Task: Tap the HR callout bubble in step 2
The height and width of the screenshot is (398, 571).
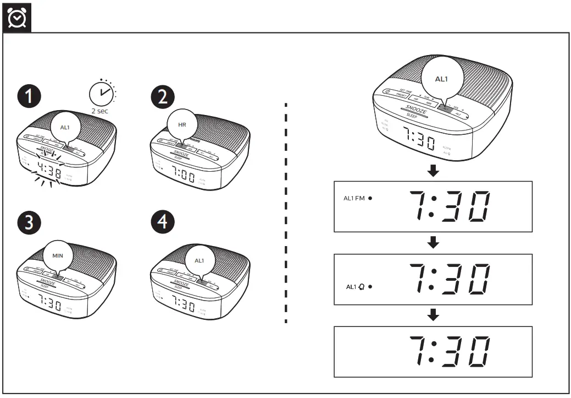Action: click(x=182, y=125)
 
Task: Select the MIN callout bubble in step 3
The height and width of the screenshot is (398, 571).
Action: click(x=58, y=256)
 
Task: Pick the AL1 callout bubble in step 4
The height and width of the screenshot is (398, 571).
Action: click(x=198, y=259)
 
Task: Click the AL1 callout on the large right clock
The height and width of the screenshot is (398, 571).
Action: click(x=441, y=79)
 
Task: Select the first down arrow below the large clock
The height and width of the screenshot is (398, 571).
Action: click(x=433, y=171)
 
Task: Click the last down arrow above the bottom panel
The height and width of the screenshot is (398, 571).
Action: click(x=433, y=315)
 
